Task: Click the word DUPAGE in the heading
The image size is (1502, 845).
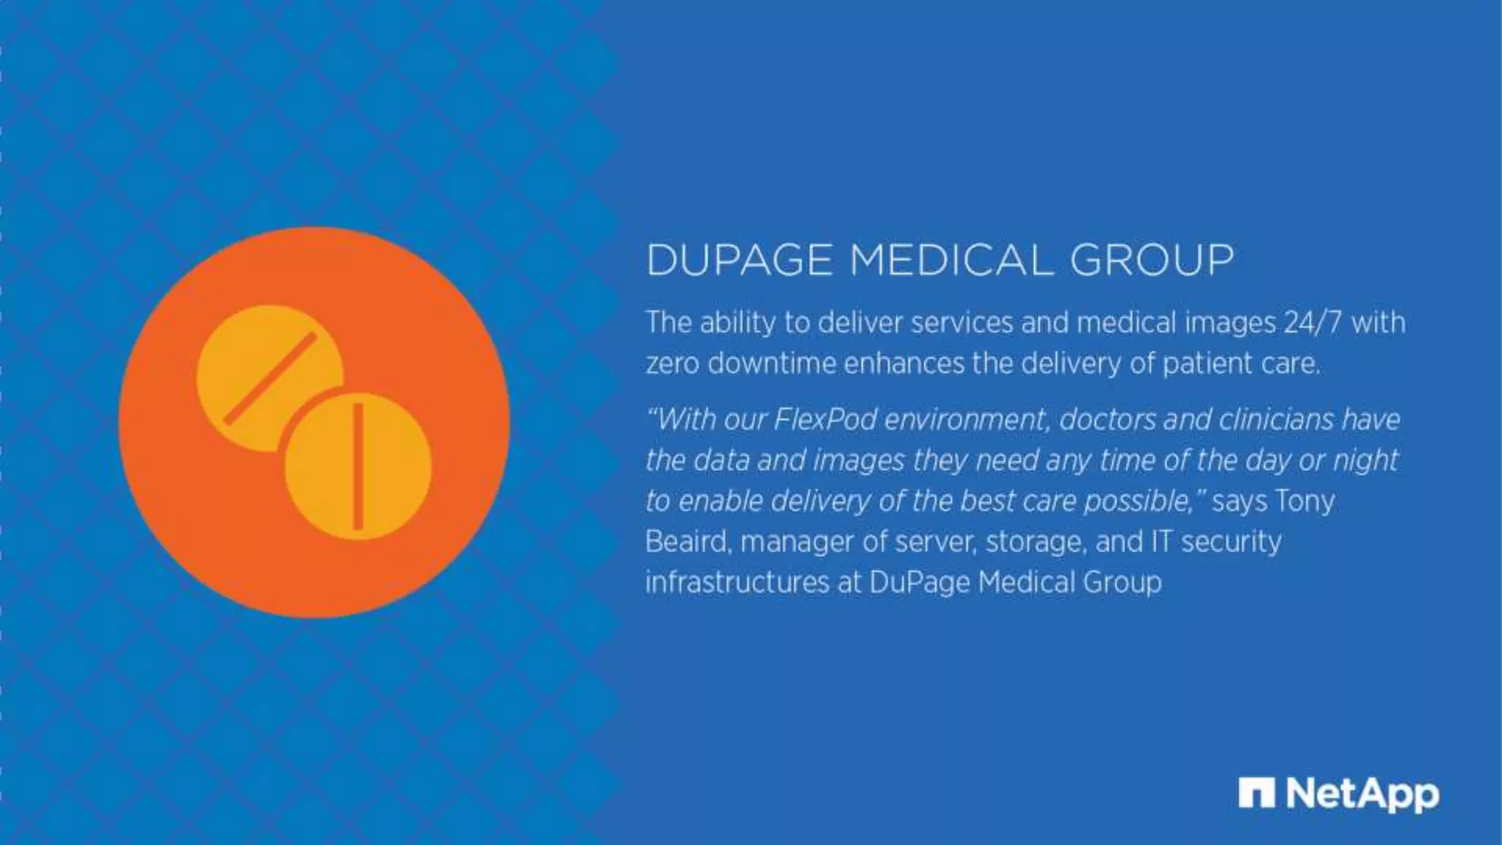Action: click(x=739, y=260)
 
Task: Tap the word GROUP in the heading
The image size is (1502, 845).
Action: click(x=1151, y=260)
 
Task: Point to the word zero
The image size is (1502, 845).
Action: click(x=672, y=364)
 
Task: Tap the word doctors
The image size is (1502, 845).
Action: click(x=1107, y=420)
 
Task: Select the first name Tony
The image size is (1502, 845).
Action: click(x=1305, y=501)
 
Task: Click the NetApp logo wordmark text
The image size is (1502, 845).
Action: click(x=1363, y=794)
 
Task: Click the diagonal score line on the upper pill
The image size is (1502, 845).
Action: click(x=270, y=378)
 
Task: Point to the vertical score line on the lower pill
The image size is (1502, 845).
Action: click(x=358, y=465)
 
